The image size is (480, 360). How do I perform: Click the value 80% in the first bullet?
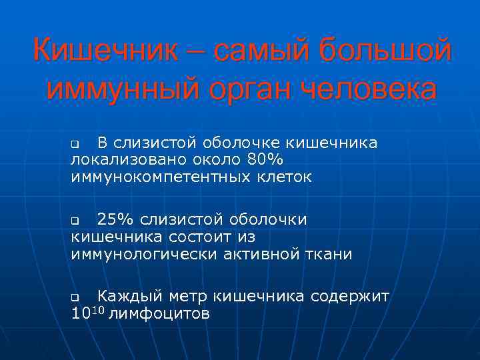point(265,160)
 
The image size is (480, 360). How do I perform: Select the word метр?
point(191,296)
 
